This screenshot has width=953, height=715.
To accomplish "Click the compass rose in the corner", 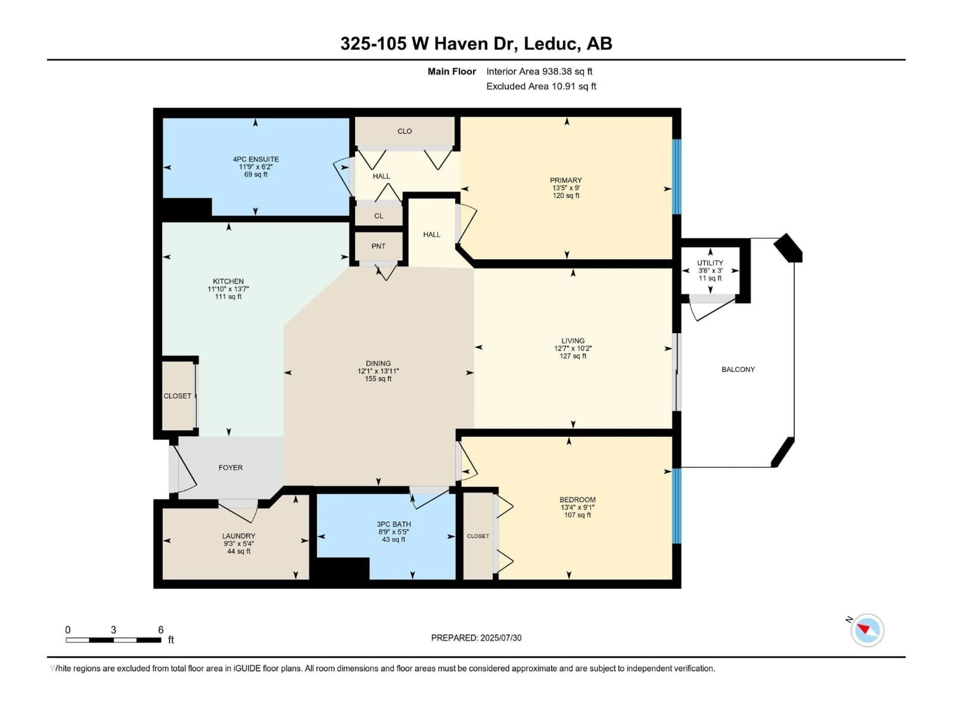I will coord(867,630).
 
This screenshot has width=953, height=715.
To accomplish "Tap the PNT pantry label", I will coord(378,246).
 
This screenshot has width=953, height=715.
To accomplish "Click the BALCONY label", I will coord(738,369).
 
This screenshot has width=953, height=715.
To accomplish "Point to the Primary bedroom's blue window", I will coord(677,177).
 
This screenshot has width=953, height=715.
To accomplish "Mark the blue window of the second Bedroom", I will coord(677,505).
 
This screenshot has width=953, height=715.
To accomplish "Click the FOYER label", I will coord(231,468).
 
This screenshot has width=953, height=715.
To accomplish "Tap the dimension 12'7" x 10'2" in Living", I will coord(573,348).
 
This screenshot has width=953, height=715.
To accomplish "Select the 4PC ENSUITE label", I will coord(256,159).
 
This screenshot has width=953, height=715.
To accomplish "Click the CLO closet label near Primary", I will coord(405,131).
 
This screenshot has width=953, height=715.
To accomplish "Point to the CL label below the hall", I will coord(379,216).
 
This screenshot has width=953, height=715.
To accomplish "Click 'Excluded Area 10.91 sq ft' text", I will coord(541,86).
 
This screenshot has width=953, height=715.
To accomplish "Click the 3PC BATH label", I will coord(394,524).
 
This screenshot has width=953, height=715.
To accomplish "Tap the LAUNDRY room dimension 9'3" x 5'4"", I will coord(239,543).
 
